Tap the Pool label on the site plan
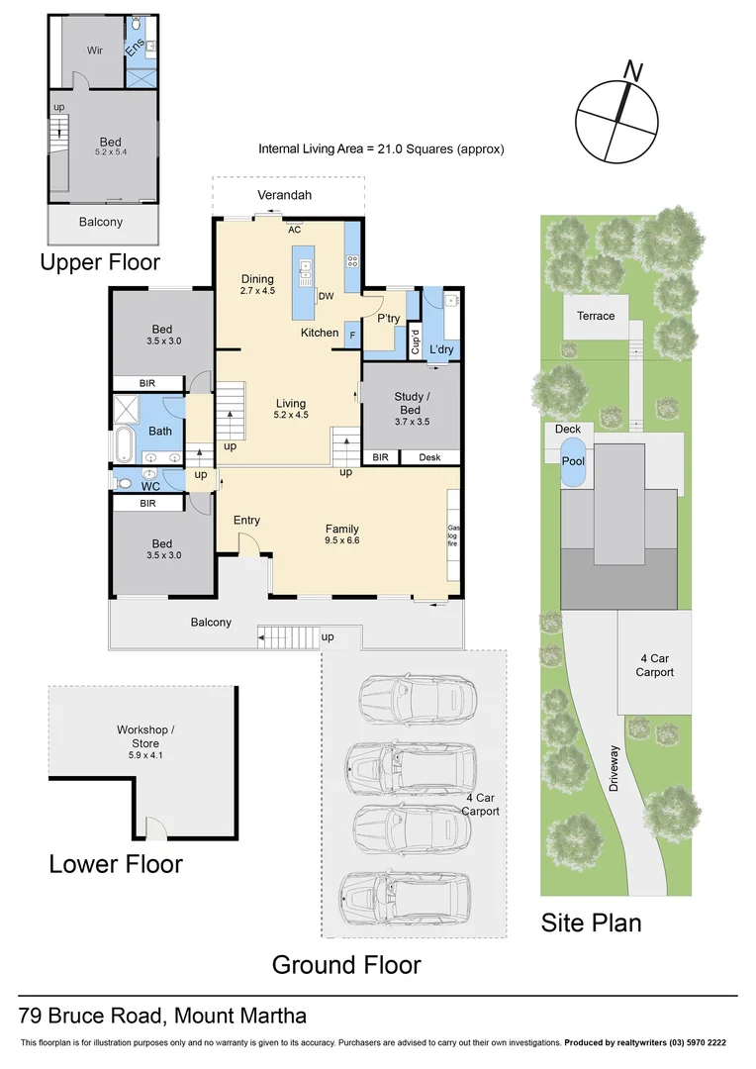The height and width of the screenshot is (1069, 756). (x=573, y=461)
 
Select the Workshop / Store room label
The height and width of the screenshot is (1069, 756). (x=137, y=737)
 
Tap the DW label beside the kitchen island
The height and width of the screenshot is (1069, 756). (x=326, y=296)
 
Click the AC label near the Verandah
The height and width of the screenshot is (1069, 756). (x=294, y=230)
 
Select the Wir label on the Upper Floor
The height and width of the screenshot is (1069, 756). (x=95, y=49)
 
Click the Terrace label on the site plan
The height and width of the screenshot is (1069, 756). (x=596, y=316)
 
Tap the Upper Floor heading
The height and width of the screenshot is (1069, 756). (x=100, y=262)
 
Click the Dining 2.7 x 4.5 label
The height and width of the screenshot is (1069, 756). (x=257, y=285)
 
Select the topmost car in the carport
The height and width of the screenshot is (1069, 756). (x=406, y=697)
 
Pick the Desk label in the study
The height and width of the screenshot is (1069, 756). (x=429, y=457)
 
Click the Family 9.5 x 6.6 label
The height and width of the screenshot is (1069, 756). (x=341, y=534)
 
